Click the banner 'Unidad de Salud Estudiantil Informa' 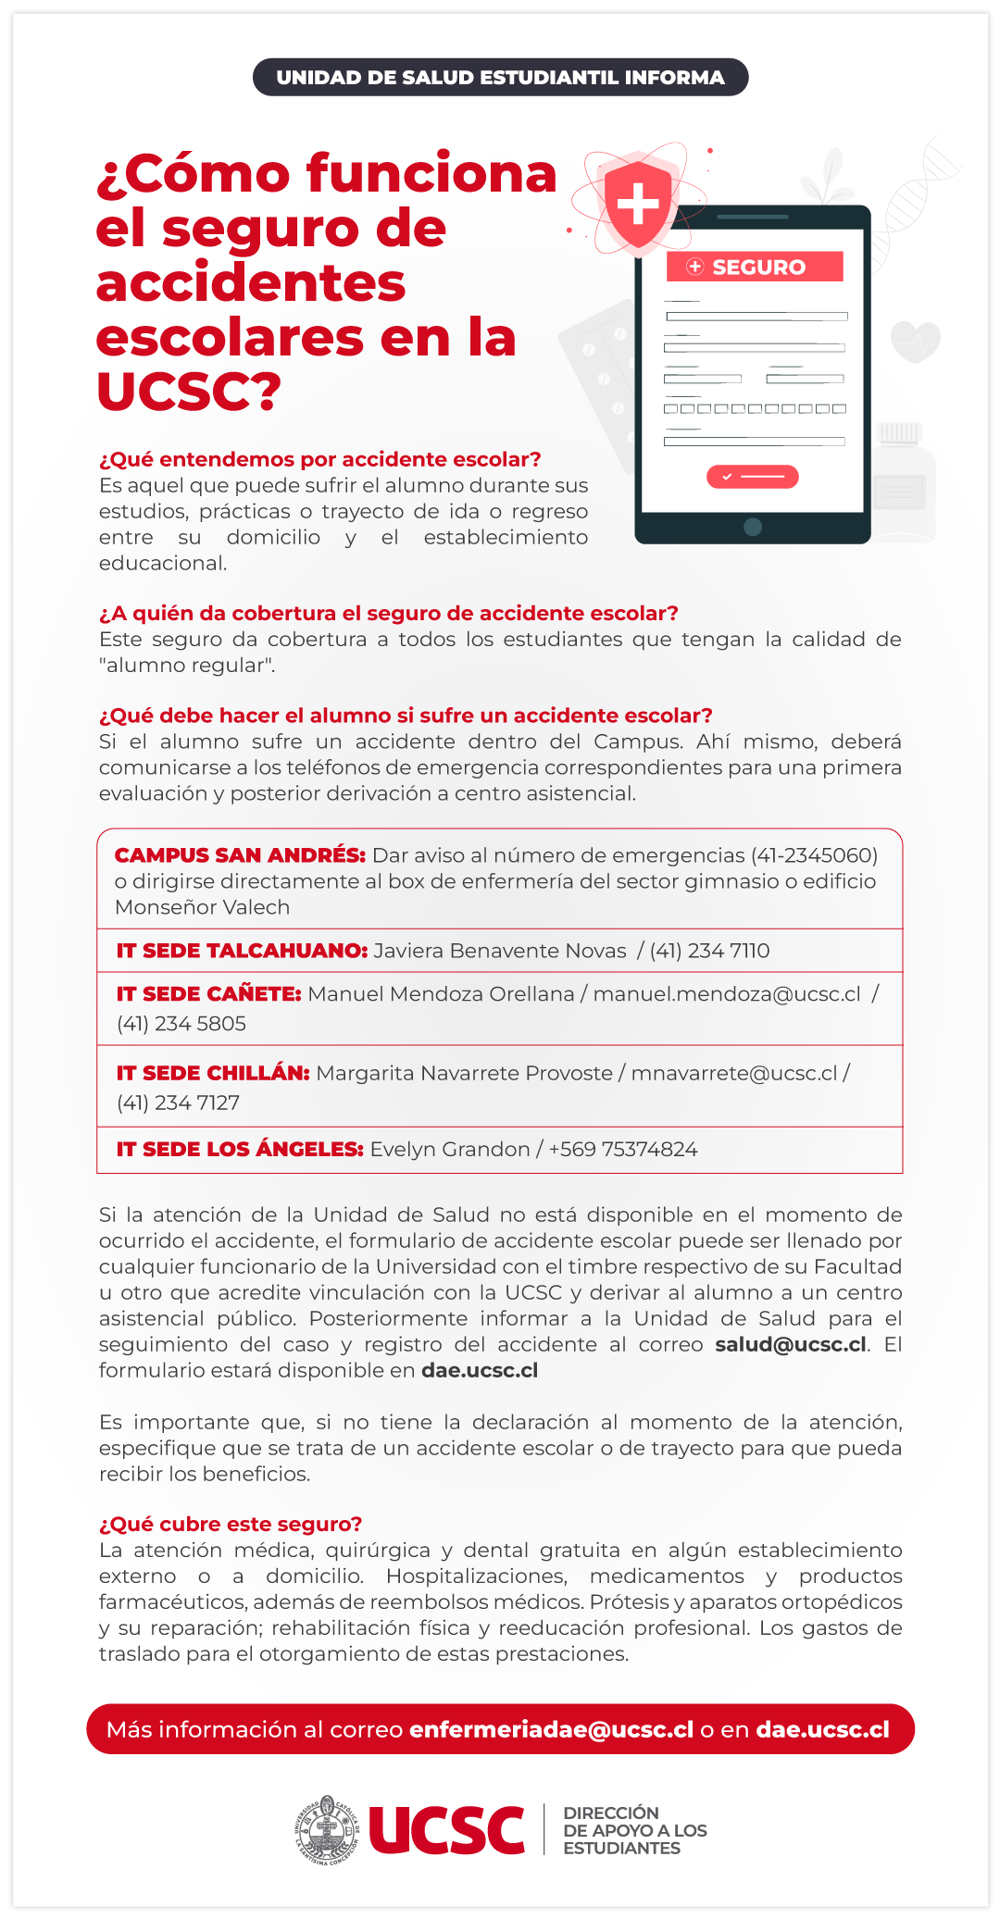coord(500,78)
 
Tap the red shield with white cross coord(638,205)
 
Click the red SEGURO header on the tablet coord(755,267)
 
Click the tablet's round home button coord(753,527)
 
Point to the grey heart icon coord(915,342)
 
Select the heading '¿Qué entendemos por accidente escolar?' coord(319,459)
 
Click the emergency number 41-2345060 coord(814,855)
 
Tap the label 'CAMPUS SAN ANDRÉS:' coord(240,855)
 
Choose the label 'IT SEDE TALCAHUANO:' coord(242,951)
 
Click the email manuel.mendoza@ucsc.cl coord(727,994)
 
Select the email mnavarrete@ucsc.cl coord(734,1073)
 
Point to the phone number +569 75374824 coord(623,1150)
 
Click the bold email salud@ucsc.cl coord(791,1344)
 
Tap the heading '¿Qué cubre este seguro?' coord(231,1524)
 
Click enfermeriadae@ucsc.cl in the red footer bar coord(551,1729)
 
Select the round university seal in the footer coord(326,1830)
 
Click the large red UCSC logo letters coord(446,1830)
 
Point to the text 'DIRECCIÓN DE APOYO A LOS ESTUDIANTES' coord(634,1830)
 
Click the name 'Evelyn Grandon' coord(449,1150)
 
